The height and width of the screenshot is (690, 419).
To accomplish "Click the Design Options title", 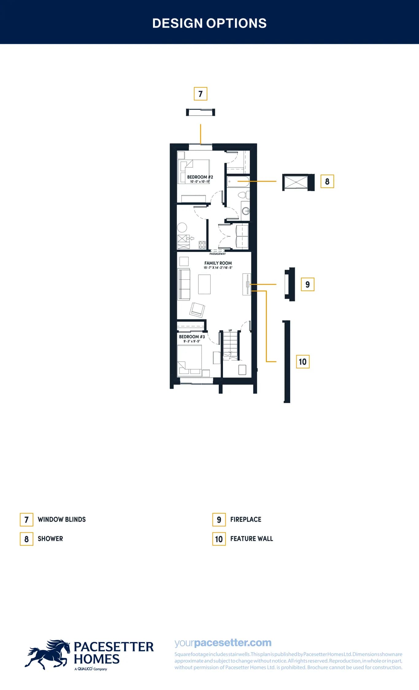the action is tap(209, 23).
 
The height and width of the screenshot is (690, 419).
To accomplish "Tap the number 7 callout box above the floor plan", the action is tap(201, 94).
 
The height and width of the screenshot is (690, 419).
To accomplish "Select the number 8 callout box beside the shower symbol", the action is tap(327, 181).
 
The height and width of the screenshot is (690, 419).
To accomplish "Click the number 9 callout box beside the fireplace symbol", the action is tap(308, 284).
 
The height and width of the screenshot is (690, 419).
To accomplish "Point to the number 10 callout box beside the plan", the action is tap(303, 362).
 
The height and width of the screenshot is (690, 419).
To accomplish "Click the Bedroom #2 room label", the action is tap(200, 177).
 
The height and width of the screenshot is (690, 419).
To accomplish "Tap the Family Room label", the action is tap(218, 263).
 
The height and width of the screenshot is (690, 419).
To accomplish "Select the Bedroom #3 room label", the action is tap(192, 337).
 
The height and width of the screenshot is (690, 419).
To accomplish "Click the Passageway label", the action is tap(217, 254).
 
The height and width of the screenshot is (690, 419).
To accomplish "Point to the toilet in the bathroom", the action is tap(244, 195).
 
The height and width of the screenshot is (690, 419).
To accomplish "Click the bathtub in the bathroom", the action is tap(238, 182).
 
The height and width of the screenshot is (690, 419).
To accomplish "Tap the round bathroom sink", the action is tap(246, 211).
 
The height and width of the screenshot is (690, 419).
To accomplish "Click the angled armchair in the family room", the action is tap(197, 309).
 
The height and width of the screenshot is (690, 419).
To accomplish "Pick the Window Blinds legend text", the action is tap(62, 519).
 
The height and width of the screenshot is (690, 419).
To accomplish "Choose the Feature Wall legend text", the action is tap(252, 539).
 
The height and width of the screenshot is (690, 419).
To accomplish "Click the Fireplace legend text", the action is tap(246, 519).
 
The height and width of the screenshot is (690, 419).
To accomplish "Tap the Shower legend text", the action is tap(50, 539).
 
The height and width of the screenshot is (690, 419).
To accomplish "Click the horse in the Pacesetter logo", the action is tap(48, 654).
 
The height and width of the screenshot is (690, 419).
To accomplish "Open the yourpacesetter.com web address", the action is tap(223, 642).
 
